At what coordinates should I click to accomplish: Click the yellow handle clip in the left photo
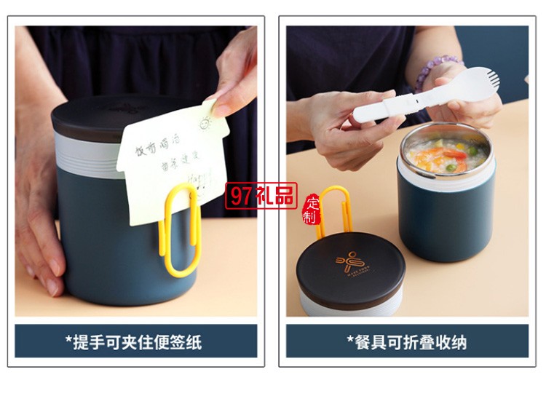[x=179, y=231]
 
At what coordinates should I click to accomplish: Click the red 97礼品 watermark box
[x=261, y=196]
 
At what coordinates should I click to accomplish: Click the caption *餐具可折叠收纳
[x=407, y=341]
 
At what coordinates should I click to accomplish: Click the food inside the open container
[x=446, y=156]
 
